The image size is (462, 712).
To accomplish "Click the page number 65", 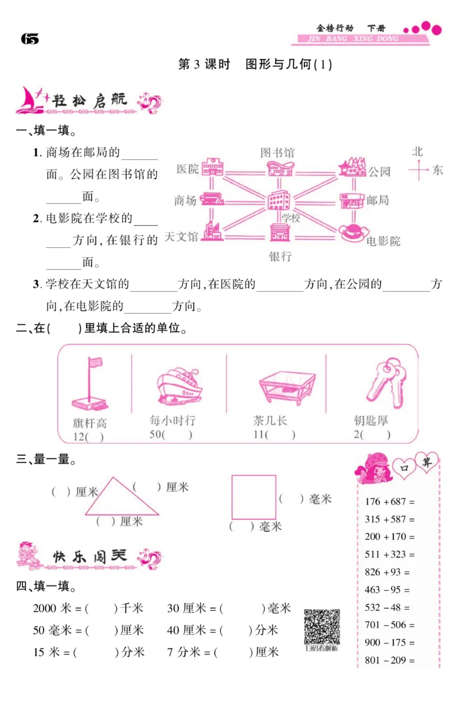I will tap(29, 39).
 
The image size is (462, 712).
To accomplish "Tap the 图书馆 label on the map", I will tap(277, 152).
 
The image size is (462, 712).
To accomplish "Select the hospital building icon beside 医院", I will tap(212, 167).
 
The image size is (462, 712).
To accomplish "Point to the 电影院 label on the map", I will tap(383, 241).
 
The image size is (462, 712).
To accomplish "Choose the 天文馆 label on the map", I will tap(181, 236).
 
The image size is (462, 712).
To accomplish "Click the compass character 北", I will tap(418, 151).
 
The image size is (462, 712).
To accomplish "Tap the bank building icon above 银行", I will tap(280, 232).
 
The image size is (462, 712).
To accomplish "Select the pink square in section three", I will tap(254, 497).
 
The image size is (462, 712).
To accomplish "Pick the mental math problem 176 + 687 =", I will tap(390, 501).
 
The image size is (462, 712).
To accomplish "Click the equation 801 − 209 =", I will tap(390, 660).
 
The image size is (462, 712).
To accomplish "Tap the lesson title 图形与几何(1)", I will tap(289, 64).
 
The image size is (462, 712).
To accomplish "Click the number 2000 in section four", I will tap(45, 608).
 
